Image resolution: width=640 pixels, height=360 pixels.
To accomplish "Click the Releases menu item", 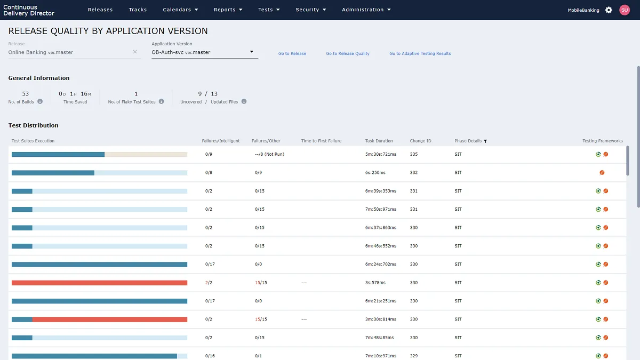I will (x=100, y=10).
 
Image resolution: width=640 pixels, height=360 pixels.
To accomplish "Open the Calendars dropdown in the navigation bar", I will (x=180, y=10).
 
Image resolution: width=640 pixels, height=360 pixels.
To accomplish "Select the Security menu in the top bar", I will (x=310, y=10).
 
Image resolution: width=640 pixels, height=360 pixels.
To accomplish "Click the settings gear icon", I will (x=609, y=10).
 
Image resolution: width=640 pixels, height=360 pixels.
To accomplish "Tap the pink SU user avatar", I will (x=625, y=10).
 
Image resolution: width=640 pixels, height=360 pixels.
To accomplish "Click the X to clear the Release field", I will (x=135, y=52).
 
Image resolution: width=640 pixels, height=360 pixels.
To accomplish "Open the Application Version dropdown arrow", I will (x=252, y=52).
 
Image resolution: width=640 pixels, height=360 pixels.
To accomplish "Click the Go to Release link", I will (x=292, y=53).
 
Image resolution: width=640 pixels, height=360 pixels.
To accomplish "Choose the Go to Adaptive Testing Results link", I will (x=420, y=53).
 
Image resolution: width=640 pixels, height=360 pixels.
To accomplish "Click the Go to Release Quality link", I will (x=348, y=53).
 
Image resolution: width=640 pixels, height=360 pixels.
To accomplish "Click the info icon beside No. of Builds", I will (x=40, y=101).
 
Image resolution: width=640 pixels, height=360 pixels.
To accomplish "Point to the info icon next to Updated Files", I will (x=244, y=101).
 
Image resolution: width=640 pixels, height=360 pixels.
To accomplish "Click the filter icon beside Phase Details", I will (x=485, y=141).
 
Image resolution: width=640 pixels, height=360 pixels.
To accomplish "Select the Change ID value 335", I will (x=414, y=154).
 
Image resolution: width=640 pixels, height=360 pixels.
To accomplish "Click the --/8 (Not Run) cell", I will (x=269, y=154).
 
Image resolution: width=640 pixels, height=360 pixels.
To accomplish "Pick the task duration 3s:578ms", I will (x=375, y=283).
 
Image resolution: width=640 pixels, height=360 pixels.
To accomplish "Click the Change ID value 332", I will (x=414, y=173).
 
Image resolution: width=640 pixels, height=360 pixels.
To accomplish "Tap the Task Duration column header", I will (x=379, y=141).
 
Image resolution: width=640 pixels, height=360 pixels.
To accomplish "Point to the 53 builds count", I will (x=26, y=94).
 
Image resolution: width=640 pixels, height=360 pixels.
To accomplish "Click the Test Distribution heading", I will (x=34, y=125).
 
